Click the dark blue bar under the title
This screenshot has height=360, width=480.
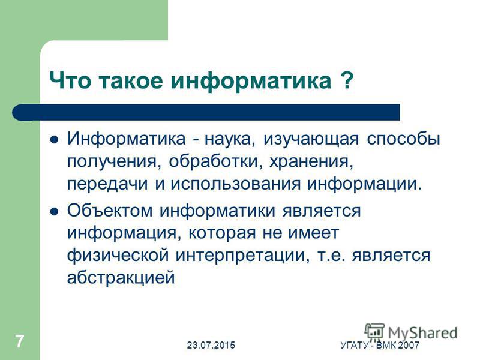click(x=206, y=112)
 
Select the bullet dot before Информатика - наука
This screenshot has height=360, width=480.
click(x=54, y=140)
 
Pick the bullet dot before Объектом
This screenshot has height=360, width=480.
click(x=54, y=211)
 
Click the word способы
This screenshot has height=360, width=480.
click(x=403, y=139)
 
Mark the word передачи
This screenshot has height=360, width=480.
click(x=107, y=184)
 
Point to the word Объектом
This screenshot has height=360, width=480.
click(x=110, y=211)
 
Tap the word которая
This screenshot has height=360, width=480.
click(x=222, y=233)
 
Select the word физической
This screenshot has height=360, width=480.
click(x=118, y=256)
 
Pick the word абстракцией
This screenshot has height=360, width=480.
click(x=121, y=278)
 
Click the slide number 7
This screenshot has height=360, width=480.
click(x=20, y=341)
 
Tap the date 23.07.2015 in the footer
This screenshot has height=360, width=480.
click(x=211, y=346)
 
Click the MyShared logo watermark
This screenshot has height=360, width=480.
click(x=411, y=332)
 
